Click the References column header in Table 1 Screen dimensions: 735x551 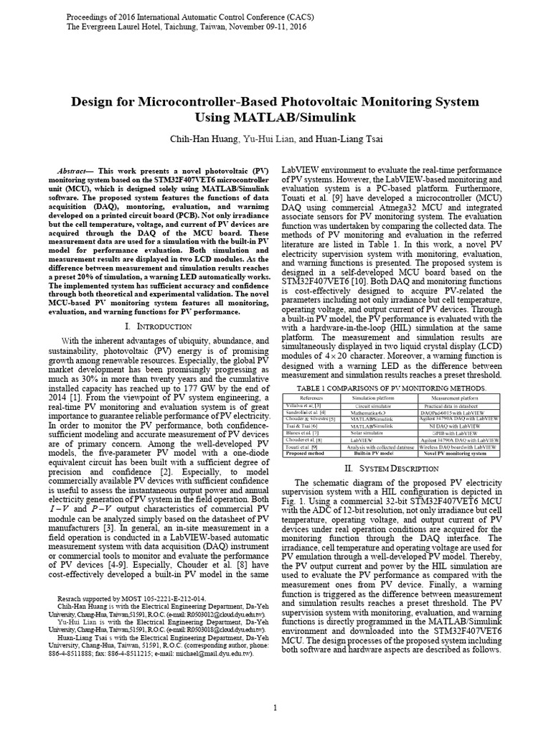tap(311, 398)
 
